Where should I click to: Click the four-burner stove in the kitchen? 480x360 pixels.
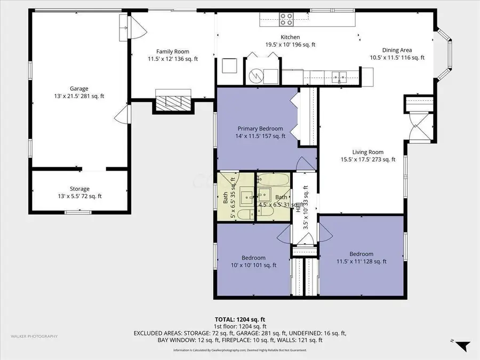pos(286,19)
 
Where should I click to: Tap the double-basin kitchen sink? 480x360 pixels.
pos(339,77)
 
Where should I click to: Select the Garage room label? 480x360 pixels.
pos(78,89)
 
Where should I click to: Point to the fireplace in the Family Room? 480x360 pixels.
pos(172,101)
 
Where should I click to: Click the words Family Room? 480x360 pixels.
pos(173,51)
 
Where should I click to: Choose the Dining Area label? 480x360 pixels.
pos(391,50)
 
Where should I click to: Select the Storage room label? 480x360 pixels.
pos(79,189)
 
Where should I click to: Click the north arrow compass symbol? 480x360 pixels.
pos(462,346)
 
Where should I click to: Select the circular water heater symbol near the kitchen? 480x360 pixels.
pos(257,76)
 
